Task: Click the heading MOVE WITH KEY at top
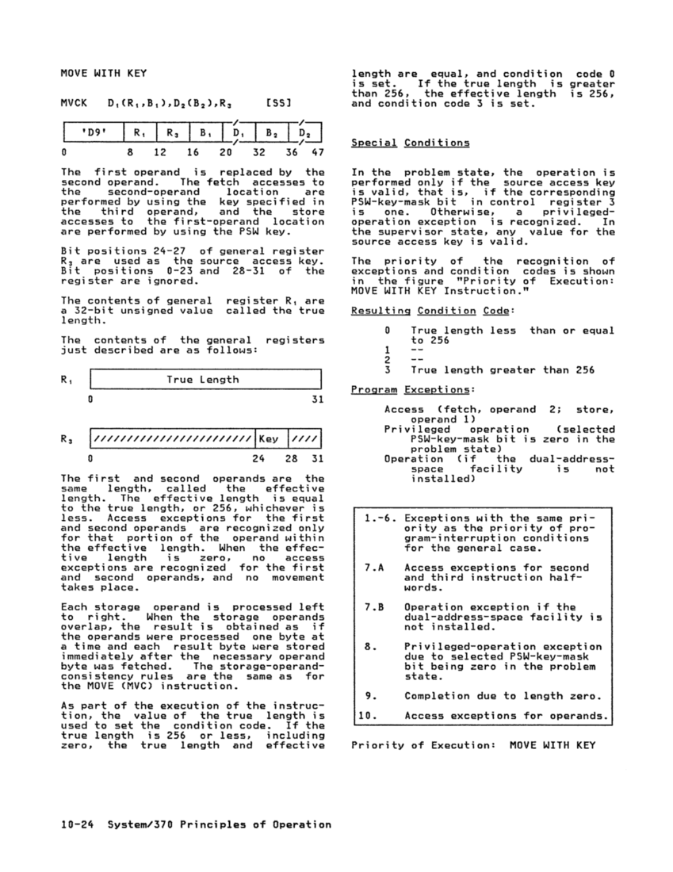coord(104,74)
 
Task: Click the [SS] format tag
coord(279,103)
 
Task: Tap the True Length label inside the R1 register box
coord(202,380)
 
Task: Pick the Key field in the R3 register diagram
coord(269,438)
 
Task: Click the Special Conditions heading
coord(410,143)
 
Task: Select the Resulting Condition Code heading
coord(421,311)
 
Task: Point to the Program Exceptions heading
coord(410,390)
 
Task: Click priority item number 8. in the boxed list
coord(369,647)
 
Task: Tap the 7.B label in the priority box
coord(371,607)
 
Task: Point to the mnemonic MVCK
coord(74,103)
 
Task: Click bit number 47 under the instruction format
coord(317,151)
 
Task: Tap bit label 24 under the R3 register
coord(258,459)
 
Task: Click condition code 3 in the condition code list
coord(388,370)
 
